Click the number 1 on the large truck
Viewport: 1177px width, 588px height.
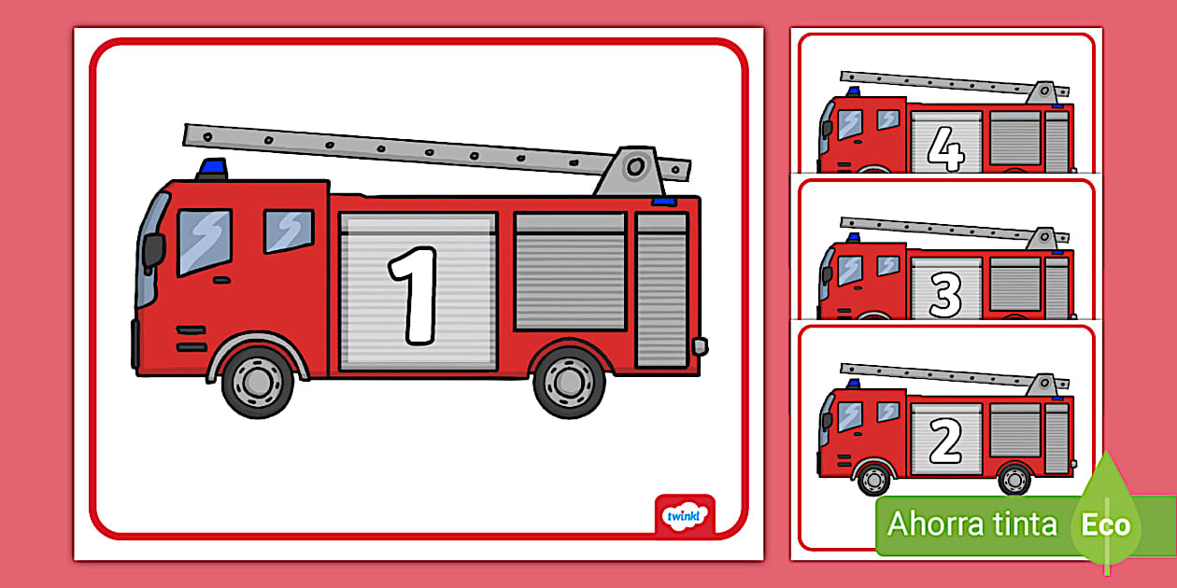coord(415,295)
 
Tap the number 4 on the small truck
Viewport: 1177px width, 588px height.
coord(945,149)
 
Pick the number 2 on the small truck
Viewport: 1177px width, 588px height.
coord(945,441)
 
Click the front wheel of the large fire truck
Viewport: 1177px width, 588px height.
coord(258,381)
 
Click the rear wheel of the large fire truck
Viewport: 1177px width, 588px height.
coord(569,382)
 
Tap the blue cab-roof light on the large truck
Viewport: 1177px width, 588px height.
coord(212,169)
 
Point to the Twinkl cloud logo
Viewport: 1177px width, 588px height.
coord(684,517)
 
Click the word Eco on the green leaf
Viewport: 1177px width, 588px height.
coord(1106,525)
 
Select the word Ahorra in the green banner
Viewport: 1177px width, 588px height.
coord(928,524)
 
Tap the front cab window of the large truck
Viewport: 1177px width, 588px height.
coord(205,241)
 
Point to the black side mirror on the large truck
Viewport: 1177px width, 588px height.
coord(153,251)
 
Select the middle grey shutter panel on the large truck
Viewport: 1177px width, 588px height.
coord(571,272)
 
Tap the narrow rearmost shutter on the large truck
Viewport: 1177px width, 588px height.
coord(661,290)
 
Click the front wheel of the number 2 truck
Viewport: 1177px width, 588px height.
coord(873,479)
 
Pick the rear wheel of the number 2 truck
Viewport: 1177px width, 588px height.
coord(1014,479)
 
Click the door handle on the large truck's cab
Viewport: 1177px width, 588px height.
coord(221,280)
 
